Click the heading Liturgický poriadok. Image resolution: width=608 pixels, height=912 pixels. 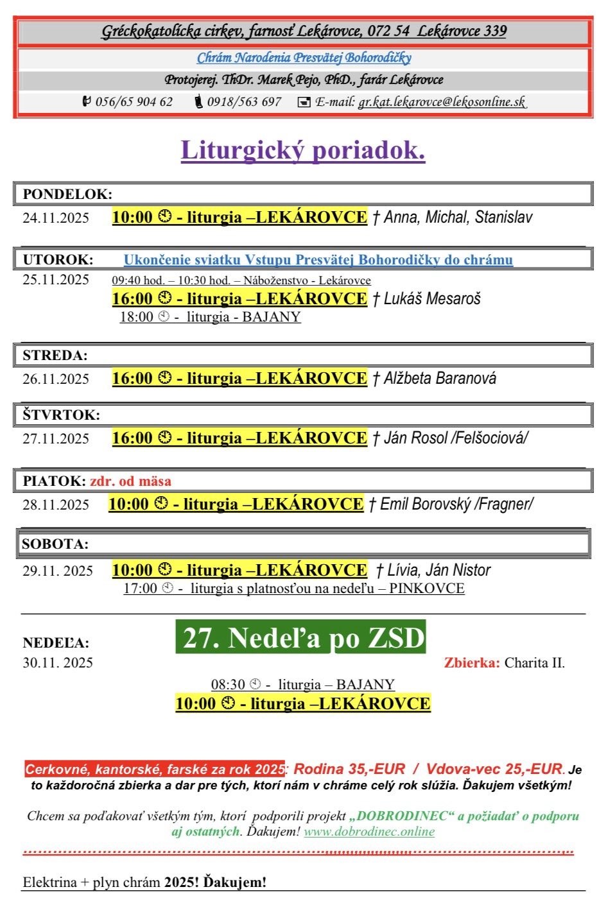pyautogui.click(x=303, y=150)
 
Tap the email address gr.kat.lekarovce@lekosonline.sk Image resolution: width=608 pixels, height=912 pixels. pyautogui.click(x=442, y=101)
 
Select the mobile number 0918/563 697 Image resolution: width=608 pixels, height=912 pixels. pyautogui.click(x=244, y=101)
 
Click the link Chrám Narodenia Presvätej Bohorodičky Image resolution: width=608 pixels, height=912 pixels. pyautogui.click(x=304, y=58)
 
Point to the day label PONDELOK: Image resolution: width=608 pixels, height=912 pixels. pyautogui.click(x=67, y=194)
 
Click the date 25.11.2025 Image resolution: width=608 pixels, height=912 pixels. pyautogui.click(x=56, y=279)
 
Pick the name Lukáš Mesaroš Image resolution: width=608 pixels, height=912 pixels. pyautogui.click(x=432, y=298)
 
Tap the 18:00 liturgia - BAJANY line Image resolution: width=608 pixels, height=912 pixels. pyautogui.click(x=210, y=316)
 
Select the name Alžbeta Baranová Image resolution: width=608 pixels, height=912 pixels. pyautogui.click(x=440, y=378)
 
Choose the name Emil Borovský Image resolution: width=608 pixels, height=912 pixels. pyautogui.click(x=424, y=504)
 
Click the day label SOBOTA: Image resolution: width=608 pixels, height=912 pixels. pyautogui.click(x=55, y=544)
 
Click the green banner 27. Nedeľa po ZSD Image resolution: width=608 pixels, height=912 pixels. pyautogui.click(x=300, y=638)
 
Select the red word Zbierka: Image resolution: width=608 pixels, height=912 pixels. pyautogui.click(x=471, y=662)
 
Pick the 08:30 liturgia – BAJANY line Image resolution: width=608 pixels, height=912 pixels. pyautogui.click(x=303, y=684)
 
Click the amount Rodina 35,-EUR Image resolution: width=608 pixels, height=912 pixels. pyautogui.click(x=349, y=769)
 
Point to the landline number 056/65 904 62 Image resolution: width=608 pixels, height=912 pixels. pyautogui.click(x=134, y=101)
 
